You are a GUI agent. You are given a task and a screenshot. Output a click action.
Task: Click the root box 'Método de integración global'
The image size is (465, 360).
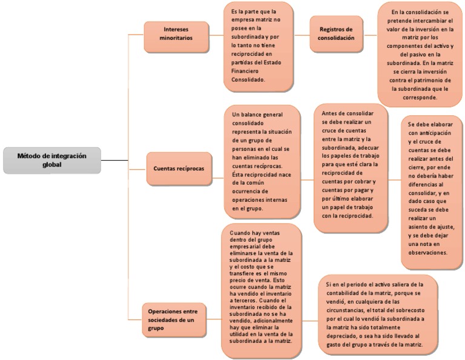pos(51,160)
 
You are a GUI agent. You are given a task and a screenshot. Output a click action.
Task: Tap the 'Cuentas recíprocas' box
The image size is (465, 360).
pos(179,169)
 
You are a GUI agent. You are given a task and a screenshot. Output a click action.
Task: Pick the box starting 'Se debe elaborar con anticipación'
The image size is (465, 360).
pos(431,192)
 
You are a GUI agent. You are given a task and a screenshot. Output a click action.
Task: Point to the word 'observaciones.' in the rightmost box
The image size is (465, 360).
pos(427,252)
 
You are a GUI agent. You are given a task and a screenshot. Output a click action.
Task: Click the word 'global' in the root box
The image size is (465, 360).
pos(51,164)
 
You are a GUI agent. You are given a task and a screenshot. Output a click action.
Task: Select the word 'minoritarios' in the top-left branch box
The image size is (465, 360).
pos(176,38)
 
